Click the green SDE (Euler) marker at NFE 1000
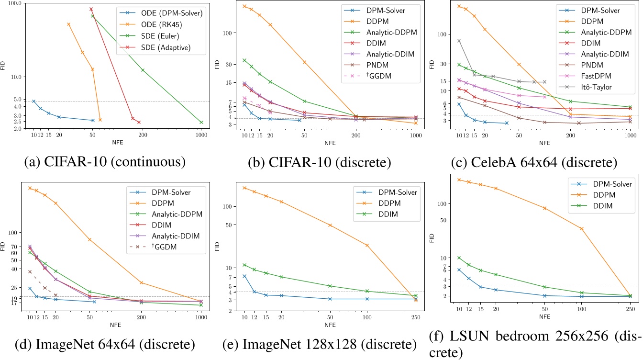pos(201,123)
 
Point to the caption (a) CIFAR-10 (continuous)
pos(104,162)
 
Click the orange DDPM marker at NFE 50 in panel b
pos(304,62)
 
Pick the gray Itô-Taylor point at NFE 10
pos(459,41)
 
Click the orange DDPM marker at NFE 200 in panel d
pos(142,282)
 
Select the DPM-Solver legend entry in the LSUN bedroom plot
pos(606,184)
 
